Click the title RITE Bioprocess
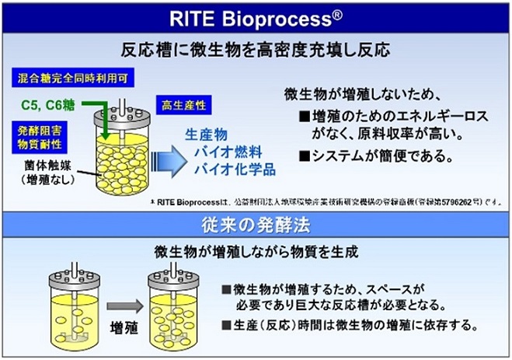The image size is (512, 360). click(x=256, y=16)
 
